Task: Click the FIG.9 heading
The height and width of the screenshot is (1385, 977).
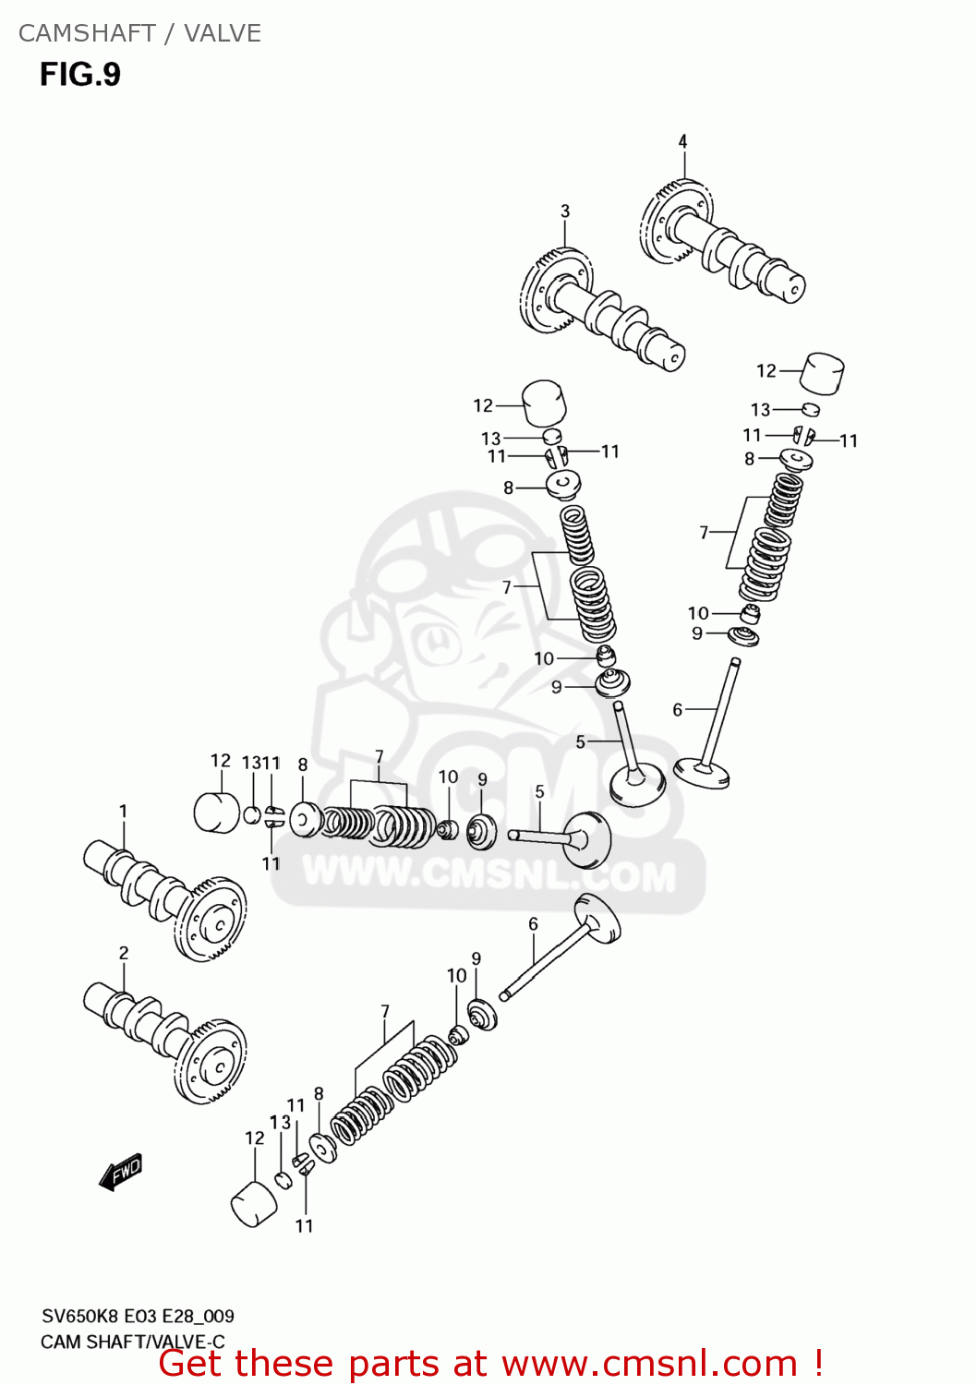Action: [80, 74]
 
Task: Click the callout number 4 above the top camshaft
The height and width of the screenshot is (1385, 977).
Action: [682, 141]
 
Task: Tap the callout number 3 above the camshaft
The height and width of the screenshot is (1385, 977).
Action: [565, 211]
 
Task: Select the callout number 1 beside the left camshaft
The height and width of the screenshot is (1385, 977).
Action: [123, 811]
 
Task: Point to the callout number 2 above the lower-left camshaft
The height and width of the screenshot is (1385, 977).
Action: [124, 953]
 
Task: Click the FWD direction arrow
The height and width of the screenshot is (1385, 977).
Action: [121, 1172]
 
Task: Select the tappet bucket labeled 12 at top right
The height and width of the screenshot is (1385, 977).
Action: [821, 372]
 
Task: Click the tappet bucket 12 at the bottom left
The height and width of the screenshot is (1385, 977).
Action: [254, 1204]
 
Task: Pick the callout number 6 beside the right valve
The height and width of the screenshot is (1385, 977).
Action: [677, 709]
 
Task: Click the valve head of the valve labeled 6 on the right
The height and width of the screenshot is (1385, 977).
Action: [702, 772]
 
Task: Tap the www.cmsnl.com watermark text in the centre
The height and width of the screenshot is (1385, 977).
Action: [488, 873]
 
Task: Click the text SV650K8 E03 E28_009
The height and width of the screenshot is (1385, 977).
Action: [138, 1316]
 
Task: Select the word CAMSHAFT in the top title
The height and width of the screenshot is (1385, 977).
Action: [87, 33]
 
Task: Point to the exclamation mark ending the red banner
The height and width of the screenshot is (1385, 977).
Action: [817, 1363]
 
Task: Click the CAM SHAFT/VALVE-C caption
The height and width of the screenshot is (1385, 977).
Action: [132, 1342]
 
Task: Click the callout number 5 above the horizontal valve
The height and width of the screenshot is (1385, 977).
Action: [539, 792]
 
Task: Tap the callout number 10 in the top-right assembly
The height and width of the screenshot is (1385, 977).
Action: [698, 613]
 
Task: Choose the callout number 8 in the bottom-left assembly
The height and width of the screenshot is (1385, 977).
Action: [319, 1093]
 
